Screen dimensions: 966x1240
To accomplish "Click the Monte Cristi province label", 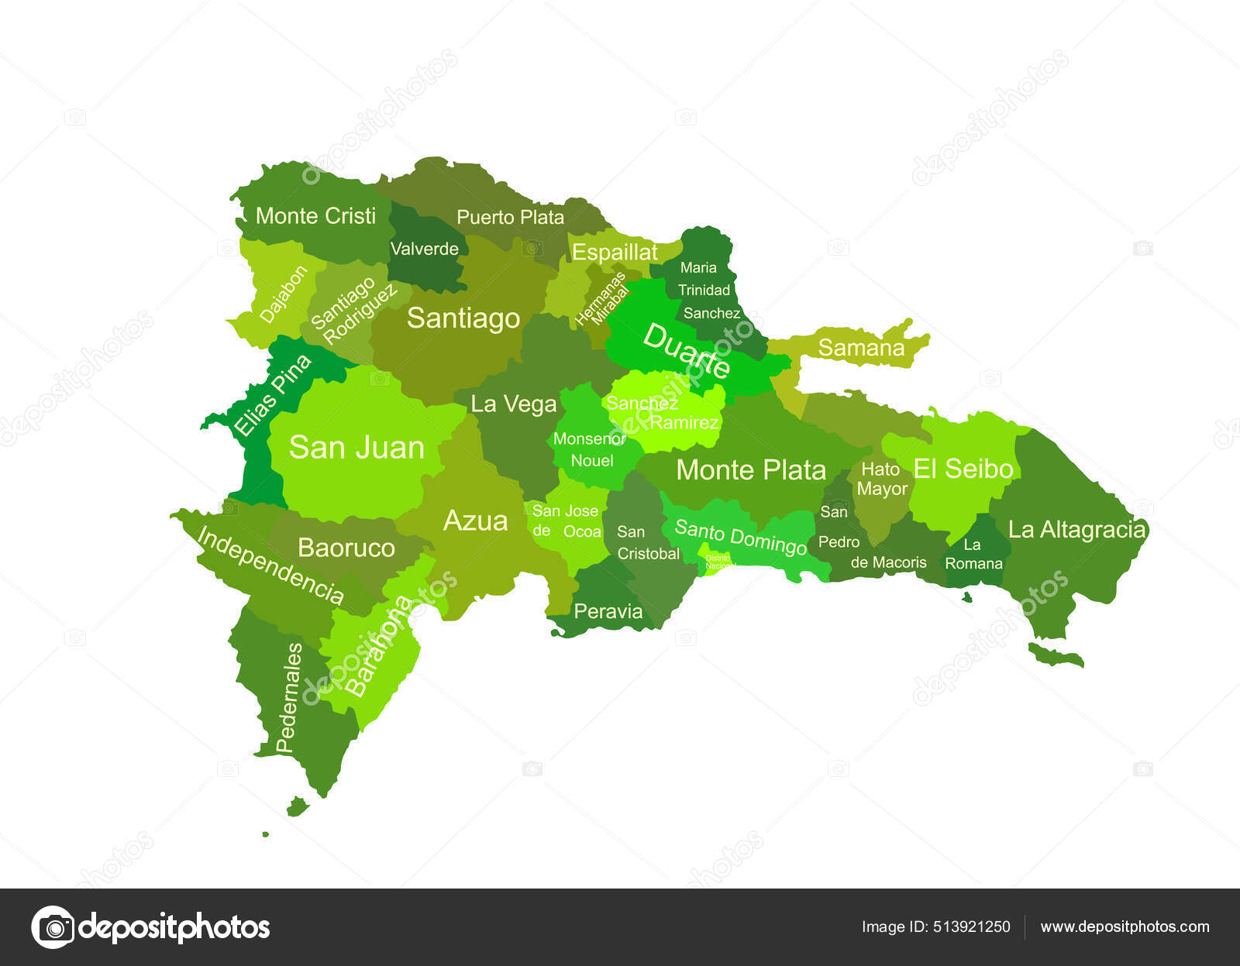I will [x=315, y=215].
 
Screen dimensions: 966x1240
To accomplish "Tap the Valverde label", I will [x=424, y=249].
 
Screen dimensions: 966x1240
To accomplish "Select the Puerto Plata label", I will [x=510, y=217].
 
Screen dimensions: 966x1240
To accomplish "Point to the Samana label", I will [x=861, y=348].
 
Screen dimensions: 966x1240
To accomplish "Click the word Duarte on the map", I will [x=686, y=351].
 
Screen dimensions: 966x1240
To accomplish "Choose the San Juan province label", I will [x=356, y=447].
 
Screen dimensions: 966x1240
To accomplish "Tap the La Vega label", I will [x=513, y=404].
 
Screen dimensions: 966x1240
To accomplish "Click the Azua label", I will [x=475, y=521].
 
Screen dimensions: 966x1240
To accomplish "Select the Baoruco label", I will [x=346, y=548].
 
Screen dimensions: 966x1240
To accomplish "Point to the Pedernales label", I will [x=288, y=697].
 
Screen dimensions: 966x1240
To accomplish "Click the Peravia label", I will [x=608, y=611].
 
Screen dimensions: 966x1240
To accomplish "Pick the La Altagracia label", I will [x=1076, y=530].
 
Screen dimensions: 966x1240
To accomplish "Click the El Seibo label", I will [x=963, y=469].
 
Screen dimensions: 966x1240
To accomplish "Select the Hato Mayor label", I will [x=881, y=479].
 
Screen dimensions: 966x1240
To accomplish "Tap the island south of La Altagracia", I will [x=1056, y=655].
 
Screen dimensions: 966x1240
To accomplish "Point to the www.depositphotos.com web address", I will [x=1125, y=926].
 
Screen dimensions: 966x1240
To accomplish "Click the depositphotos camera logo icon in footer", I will [x=53, y=926].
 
